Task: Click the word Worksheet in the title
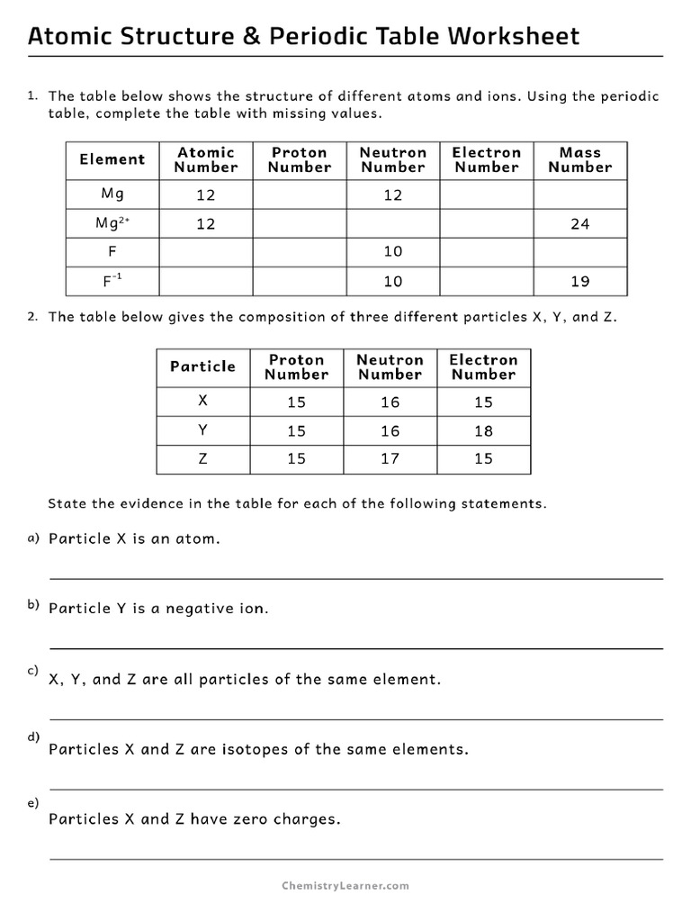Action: click(x=514, y=37)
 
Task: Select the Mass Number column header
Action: click(x=579, y=160)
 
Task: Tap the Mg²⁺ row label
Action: click(x=112, y=223)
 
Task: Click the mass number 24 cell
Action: click(x=579, y=224)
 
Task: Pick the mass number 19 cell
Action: click(x=579, y=282)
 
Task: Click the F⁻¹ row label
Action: click(x=112, y=281)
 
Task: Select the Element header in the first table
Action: click(x=112, y=160)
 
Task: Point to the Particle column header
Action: click(x=203, y=367)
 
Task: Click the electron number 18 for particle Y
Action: click(x=483, y=431)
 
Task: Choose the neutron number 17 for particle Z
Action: click(x=390, y=459)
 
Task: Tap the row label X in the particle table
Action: click(x=203, y=402)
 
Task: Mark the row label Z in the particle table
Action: click(x=203, y=459)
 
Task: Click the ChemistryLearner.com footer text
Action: click(x=345, y=886)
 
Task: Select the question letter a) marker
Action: click(x=33, y=538)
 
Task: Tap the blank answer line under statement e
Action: click(x=355, y=859)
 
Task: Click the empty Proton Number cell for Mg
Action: click(x=299, y=195)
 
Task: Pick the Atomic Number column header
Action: click(x=206, y=160)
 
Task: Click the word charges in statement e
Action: click(x=309, y=819)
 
